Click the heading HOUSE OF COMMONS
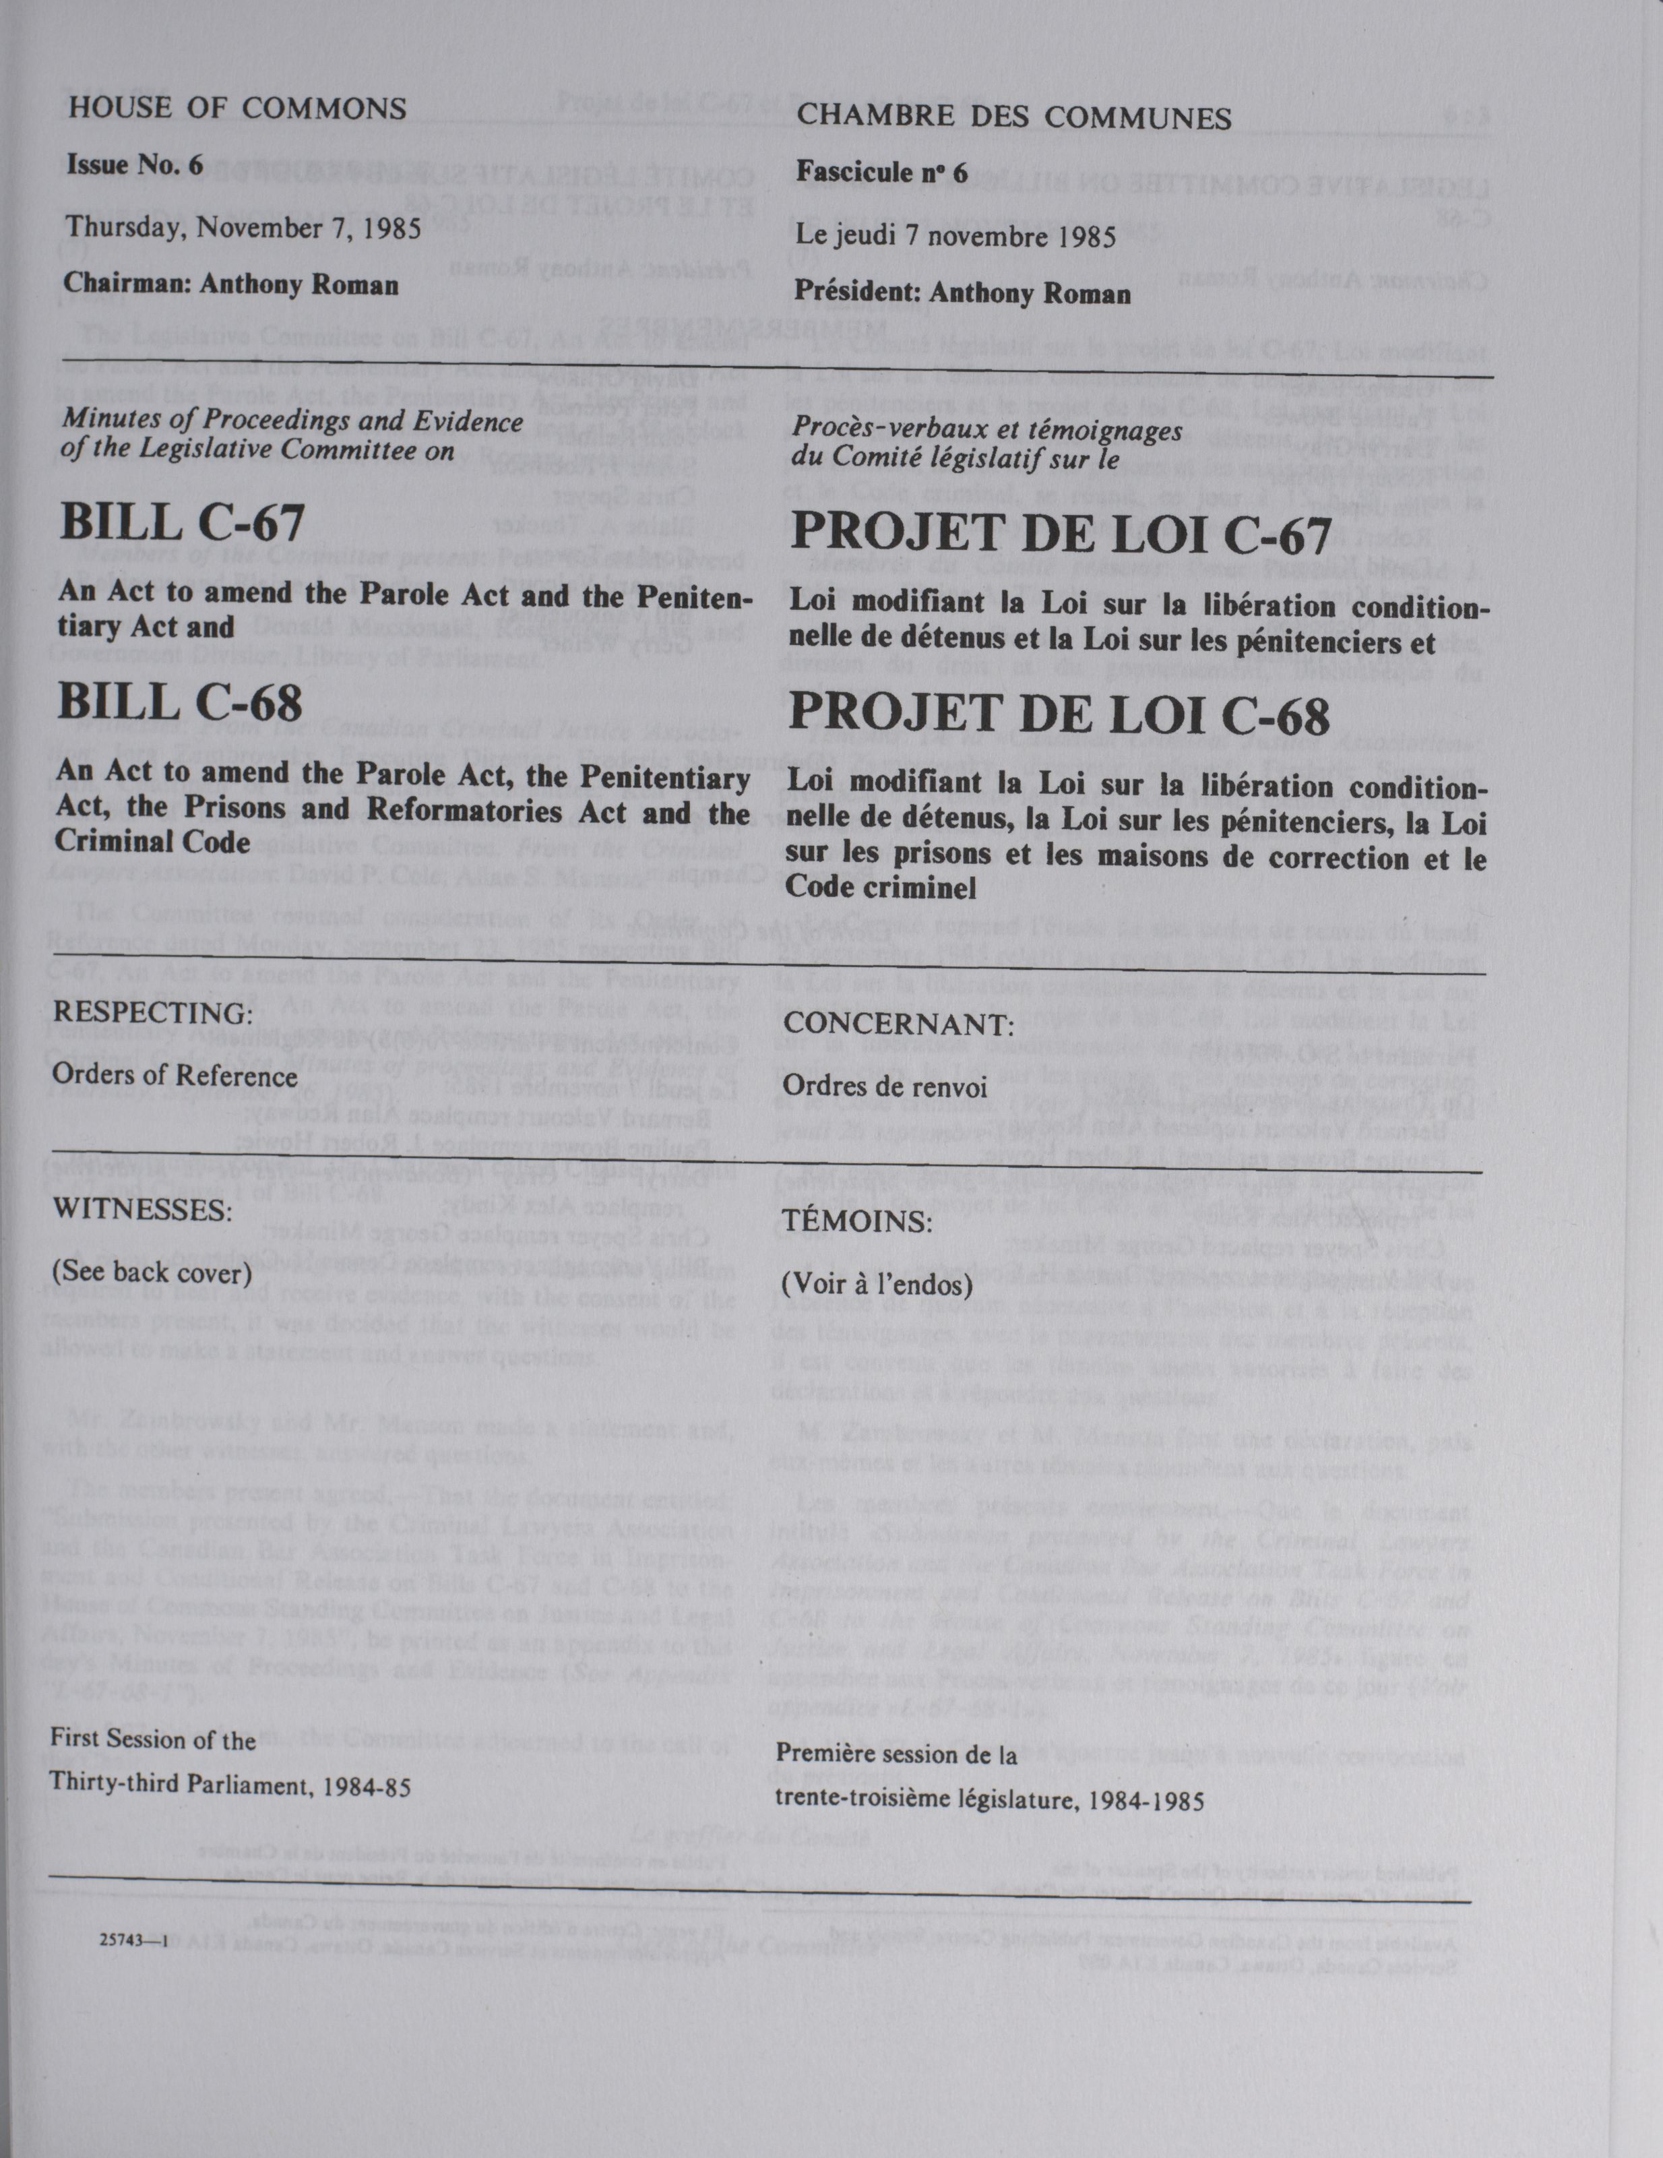[235, 108]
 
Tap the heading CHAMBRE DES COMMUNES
[1014, 119]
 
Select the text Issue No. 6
[134, 164]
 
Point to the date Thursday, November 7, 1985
[243, 228]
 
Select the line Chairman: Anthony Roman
[231, 284]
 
